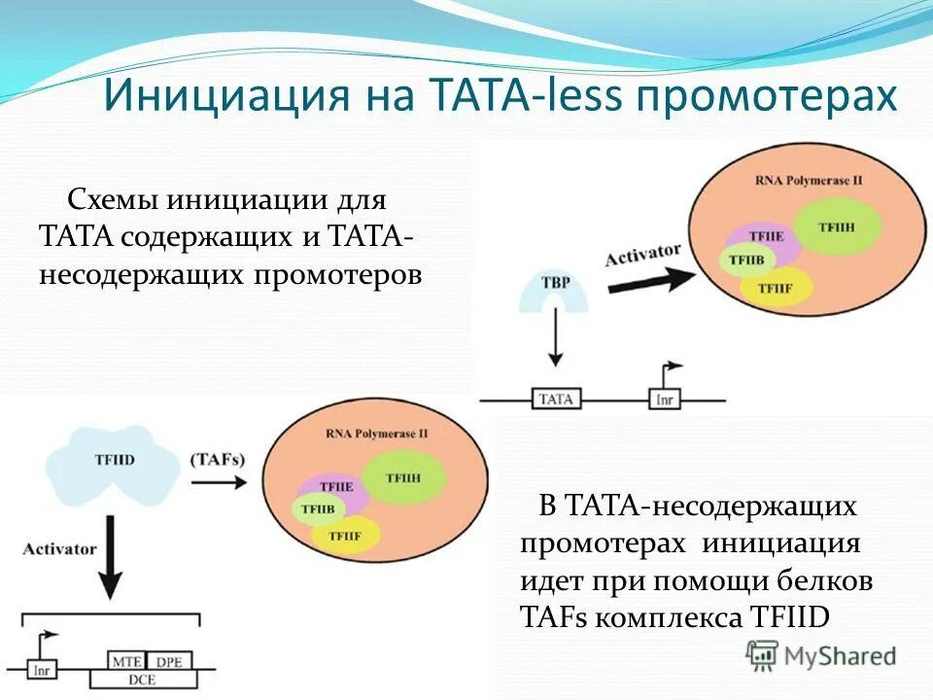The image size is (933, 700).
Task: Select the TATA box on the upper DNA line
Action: click(x=556, y=399)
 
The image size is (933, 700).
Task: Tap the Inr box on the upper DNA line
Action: click(x=665, y=400)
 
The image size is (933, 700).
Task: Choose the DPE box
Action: click(x=171, y=659)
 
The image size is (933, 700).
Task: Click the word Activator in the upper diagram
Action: click(x=642, y=255)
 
